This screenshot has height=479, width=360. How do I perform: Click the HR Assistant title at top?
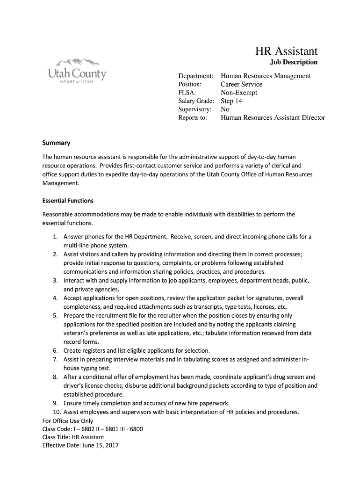pyautogui.click(x=286, y=51)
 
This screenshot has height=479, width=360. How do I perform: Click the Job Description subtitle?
pyautogui.click(x=294, y=62)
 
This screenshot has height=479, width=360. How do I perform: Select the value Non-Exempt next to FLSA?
pyautogui.click(x=239, y=93)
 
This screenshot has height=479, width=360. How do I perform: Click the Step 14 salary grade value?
pyautogui.click(x=231, y=101)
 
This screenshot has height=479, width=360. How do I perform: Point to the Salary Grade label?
pyautogui.click(x=196, y=101)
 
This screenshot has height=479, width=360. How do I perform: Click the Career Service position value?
pyautogui.click(x=241, y=84)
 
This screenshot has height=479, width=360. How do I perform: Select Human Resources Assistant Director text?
pyautogui.click(x=273, y=118)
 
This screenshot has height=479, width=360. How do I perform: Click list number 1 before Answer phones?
pyautogui.click(x=55, y=237)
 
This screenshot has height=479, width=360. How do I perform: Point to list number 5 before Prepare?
pyautogui.click(x=55, y=316)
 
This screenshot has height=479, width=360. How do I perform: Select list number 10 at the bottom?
pyautogui.click(x=57, y=412)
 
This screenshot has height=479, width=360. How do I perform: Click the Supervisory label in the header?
pyautogui.click(x=195, y=109)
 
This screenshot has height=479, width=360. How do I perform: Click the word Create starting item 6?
pyautogui.click(x=72, y=350)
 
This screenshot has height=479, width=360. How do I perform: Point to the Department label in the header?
pyautogui.click(x=196, y=76)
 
